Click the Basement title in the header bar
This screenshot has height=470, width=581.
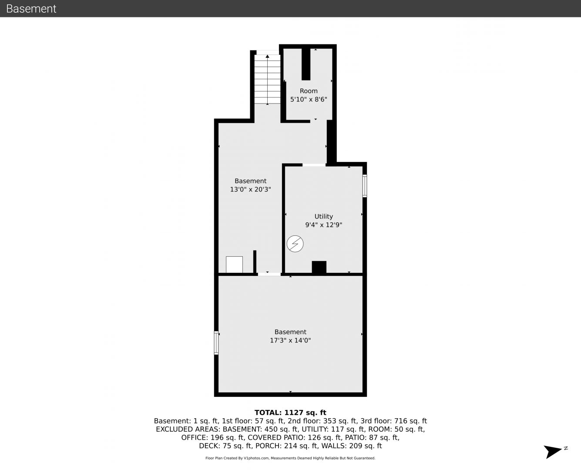tap(31, 9)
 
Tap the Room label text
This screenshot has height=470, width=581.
tap(309, 91)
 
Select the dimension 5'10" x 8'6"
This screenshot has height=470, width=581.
tap(309, 99)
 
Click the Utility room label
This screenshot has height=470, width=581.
tap(323, 217)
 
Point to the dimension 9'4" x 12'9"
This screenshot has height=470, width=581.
tap(323, 225)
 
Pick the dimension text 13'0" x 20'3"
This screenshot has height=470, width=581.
tap(250, 189)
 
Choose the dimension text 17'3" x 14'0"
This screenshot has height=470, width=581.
tap(290, 340)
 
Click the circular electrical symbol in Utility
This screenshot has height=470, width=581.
tap(295, 244)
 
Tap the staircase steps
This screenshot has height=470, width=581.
tap(267, 79)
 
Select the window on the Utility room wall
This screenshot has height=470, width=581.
tap(365, 186)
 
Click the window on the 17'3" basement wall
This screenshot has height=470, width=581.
tap(216, 342)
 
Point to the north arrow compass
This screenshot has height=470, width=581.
tap(553, 452)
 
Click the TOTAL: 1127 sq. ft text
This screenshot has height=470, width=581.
tap(290, 413)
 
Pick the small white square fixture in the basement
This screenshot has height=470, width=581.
tap(234, 265)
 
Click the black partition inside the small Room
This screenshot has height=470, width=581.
tap(306, 64)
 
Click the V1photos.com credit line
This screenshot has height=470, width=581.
tap(290, 458)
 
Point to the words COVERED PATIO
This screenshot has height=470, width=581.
tap(275, 437)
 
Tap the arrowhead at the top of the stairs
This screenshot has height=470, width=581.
tap(267, 56)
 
